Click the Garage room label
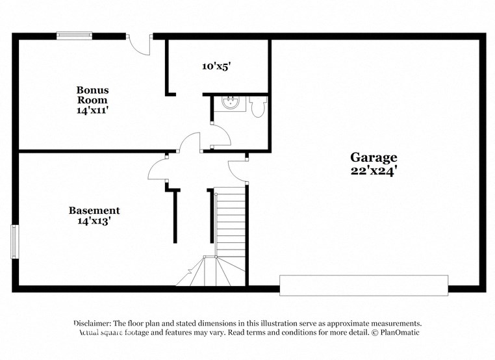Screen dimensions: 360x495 tap(374, 157)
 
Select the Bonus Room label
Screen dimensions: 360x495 tap(92, 95)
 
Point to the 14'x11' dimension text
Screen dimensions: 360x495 tap(92, 110)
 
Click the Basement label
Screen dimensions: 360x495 tap(94, 211)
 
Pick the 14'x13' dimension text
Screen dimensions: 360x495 tap(94, 222)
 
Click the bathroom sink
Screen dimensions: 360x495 tap(229, 103)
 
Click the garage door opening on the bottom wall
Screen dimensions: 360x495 tap(363, 285)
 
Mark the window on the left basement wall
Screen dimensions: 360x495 tap(15, 242)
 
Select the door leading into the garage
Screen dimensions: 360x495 tap(238, 168)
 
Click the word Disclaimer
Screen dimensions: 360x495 tap(92, 323)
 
